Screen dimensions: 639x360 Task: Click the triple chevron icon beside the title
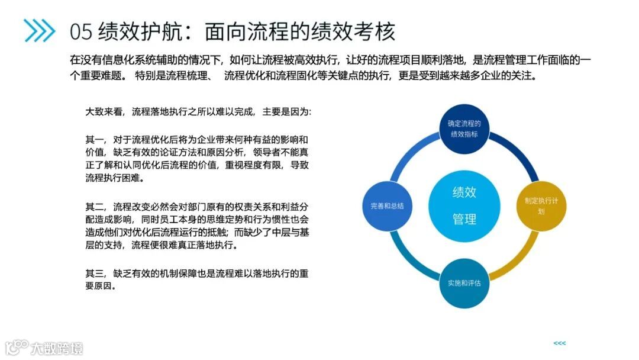tap(40, 30)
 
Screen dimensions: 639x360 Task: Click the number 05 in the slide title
tap(81, 31)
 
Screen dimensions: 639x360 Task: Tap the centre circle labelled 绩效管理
tap(464, 205)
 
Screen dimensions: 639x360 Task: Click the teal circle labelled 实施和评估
tap(464, 282)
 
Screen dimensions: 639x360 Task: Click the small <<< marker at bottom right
tap(559, 343)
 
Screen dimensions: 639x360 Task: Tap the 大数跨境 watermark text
tap(57, 348)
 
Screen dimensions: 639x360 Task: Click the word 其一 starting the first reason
tap(95, 140)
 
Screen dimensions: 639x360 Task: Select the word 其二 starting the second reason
tap(95, 207)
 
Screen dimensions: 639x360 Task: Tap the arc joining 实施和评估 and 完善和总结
tap(409, 261)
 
